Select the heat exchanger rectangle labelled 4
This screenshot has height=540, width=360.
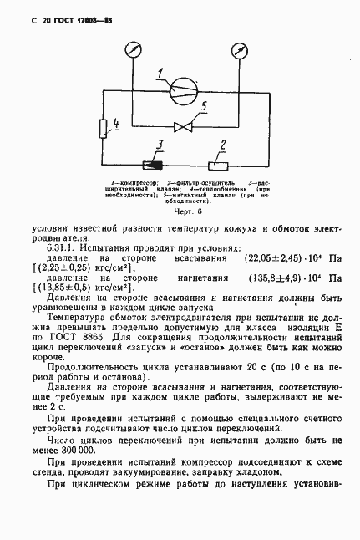click(x=103, y=128)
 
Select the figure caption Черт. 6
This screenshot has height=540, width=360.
click(x=180, y=212)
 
